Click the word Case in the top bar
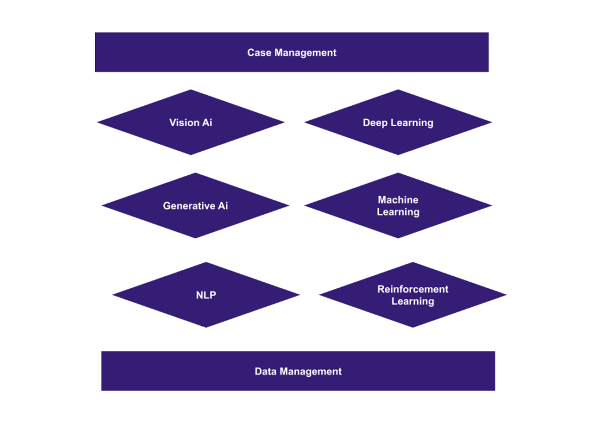(x=258, y=53)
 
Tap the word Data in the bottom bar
(x=265, y=371)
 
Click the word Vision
(x=183, y=123)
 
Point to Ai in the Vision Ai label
(x=206, y=123)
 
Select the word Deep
(x=375, y=123)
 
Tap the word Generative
(x=188, y=206)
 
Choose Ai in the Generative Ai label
(x=222, y=206)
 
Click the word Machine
(x=398, y=200)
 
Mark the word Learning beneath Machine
(x=398, y=212)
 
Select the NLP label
(x=206, y=295)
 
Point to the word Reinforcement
(x=412, y=289)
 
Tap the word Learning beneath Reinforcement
(x=412, y=301)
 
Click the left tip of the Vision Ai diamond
(x=97, y=123)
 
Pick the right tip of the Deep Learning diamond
(x=492, y=123)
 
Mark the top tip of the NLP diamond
(x=206, y=262)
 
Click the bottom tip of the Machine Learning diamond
(x=398, y=238)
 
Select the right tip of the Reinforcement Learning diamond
(x=506, y=295)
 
